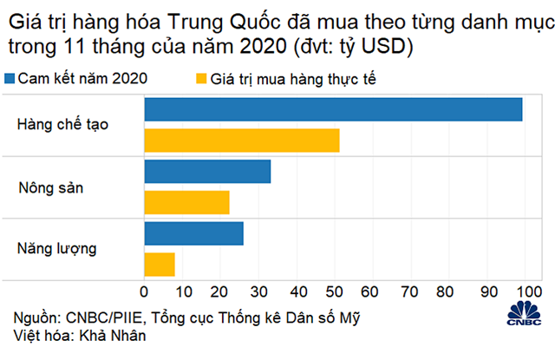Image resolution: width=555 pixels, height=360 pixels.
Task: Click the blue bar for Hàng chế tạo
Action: coord(333,109)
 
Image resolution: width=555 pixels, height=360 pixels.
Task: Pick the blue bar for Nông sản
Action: coord(207,172)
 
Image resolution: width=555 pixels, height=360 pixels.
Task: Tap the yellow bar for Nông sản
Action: coord(186,203)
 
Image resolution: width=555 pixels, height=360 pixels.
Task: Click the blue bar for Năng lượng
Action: coord(193,233)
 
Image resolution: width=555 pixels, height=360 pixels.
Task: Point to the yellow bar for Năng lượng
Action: coord(160,265)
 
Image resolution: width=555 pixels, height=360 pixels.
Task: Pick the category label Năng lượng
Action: coord(56,249)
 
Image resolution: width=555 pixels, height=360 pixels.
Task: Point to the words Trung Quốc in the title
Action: coord(218,17)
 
